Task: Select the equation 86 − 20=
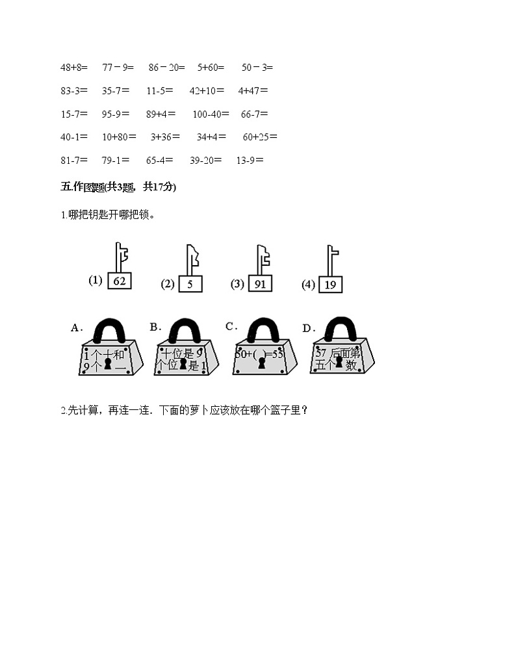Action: [x=166, y=67]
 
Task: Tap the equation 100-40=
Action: [x=211, y=114]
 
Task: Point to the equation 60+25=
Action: [x=260, y=137]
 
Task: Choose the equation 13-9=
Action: [x=250, y=161]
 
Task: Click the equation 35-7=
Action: [x=116, y=90]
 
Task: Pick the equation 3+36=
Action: [x=165, y=137]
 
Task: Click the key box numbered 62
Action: [x=119, y=281]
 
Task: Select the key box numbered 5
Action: [x=189, y=284]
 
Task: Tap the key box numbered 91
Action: [x=259, y=283]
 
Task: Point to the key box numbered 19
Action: [x=329, y=284]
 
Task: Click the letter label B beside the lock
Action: [x=155, y=327]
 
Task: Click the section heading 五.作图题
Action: [x=118, y=187]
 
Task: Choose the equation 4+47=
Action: [x=253, y=90]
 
